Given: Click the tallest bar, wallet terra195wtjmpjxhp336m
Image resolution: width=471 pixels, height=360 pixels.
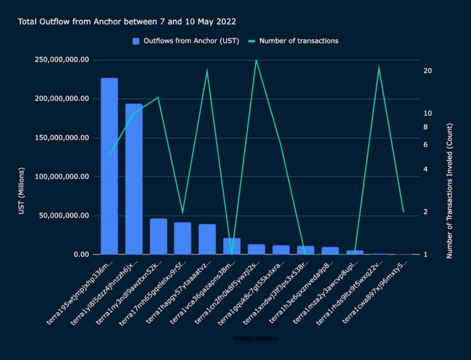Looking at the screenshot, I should (x=109, y=166).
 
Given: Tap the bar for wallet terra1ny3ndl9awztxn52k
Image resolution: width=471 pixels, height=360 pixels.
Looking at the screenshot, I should (x=158, y=236).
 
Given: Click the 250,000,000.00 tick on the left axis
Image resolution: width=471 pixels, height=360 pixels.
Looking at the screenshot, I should (x=62, y=60).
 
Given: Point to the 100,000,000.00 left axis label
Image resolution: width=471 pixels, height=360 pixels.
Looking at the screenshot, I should (x=62, y=177).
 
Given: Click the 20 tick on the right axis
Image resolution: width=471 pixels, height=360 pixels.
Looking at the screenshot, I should (x=427, y=70).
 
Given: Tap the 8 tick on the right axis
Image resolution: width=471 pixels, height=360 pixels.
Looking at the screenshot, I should (x=426, y=127).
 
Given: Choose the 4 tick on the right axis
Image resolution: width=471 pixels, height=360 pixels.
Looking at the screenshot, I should (x=426, y=169).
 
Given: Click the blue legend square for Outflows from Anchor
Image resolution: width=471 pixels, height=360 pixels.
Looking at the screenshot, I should (x=136, y=41).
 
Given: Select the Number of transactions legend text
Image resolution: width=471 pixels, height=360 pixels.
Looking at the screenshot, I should (x=298, y=41).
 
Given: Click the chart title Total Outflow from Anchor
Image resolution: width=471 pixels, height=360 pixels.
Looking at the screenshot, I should (x=127, y=22).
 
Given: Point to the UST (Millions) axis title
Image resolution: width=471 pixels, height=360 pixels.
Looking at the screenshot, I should (x=22, y=191).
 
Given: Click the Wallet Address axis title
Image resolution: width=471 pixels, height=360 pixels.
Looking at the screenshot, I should (x=255, y=338).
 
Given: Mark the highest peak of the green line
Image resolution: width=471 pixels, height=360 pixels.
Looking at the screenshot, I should (x=256, y=60).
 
